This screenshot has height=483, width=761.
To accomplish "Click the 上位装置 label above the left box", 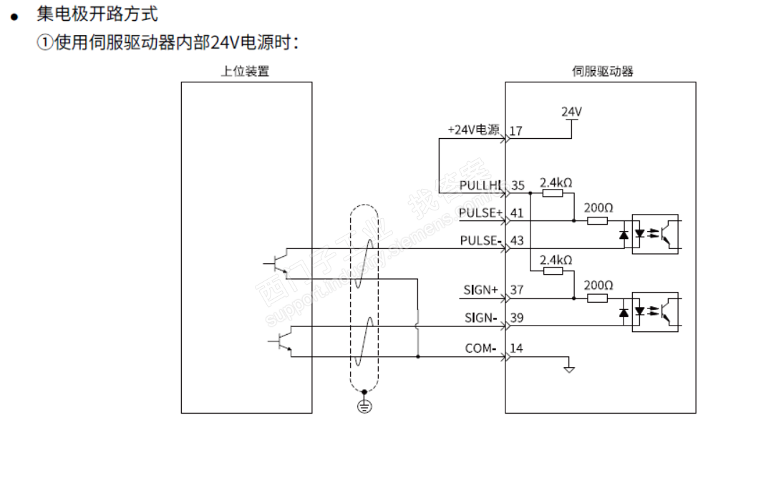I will (245, 71).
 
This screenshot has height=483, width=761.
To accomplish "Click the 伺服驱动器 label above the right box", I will (602, 71).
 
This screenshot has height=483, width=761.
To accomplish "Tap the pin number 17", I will (517, 132).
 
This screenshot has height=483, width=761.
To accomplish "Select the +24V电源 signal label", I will (473, 130).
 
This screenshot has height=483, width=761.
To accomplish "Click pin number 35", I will (518, 186).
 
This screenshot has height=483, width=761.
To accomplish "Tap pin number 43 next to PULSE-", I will (518, 241).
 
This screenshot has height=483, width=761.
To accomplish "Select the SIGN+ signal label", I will (480, 290).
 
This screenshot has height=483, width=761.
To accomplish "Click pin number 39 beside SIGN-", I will (518, 318).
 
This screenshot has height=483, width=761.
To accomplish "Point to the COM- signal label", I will (481, 348).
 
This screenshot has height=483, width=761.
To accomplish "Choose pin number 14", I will (517, 348).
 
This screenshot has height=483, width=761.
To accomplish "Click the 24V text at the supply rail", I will (571, 112).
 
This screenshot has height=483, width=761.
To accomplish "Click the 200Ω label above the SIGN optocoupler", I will (598, 285).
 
